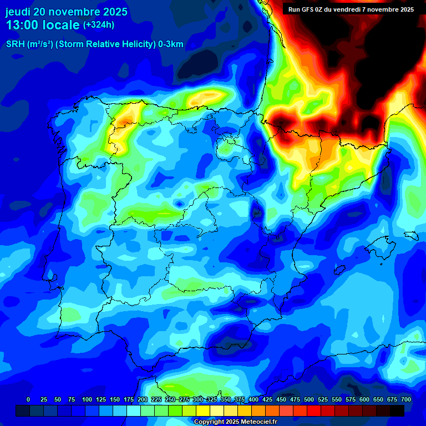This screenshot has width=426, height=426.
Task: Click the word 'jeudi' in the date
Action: tap(18, 12)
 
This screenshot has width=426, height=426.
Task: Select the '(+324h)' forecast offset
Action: tap(98, 25)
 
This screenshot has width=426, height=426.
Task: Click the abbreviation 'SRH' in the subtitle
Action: tap(16, 44)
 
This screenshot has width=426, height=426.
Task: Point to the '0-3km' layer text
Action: tap(171, 44)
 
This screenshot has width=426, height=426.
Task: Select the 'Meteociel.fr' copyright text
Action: tap(257, 422)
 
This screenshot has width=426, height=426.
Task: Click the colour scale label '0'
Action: tap(28, 399)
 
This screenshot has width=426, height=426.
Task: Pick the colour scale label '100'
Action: tap(87, 399)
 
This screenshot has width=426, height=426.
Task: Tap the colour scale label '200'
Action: tap(143, 399)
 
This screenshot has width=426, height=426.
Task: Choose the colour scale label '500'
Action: tap(309, 399)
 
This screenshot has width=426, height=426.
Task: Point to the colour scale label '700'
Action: tap(406, 399)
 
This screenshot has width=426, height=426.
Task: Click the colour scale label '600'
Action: tap(364, 399)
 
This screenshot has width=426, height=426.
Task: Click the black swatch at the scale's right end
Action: tap(397, 410)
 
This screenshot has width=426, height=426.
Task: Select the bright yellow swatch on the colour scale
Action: tap(203, 410)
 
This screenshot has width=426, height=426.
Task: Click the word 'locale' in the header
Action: tap(62, 25)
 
